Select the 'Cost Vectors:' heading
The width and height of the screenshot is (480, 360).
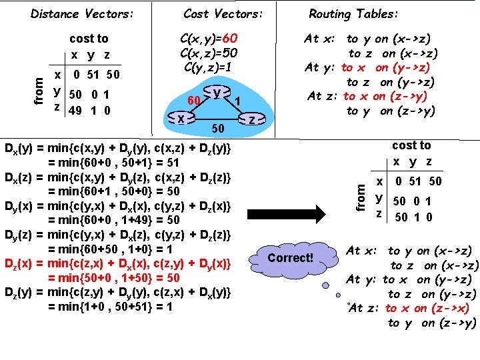pyautogui.click(x=223, y=13)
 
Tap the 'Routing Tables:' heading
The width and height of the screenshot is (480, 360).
pyautogui.click(x=354, y=13)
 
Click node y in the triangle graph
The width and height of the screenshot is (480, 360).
pyautogui.click(x=217, y=93)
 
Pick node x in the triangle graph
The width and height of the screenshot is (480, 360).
pyautogui.click(x=181, y=118)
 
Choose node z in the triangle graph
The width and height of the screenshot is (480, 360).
pyautogui.click(x=251, y=119)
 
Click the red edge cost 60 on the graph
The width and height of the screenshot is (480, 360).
pyautogui.click(x=195, y=100)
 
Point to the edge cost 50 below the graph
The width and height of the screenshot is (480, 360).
pyautogui.click(x=217, y=127)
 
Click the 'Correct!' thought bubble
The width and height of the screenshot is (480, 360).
pyautogui.click(x=289, y=257)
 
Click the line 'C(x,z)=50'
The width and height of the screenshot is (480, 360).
pyautogui.click(x=209, y=53)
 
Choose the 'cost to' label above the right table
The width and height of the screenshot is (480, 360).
pyautogui.click(x=412, y=145)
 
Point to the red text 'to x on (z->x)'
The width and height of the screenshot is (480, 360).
pyautogui.click(x=427, y=308)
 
